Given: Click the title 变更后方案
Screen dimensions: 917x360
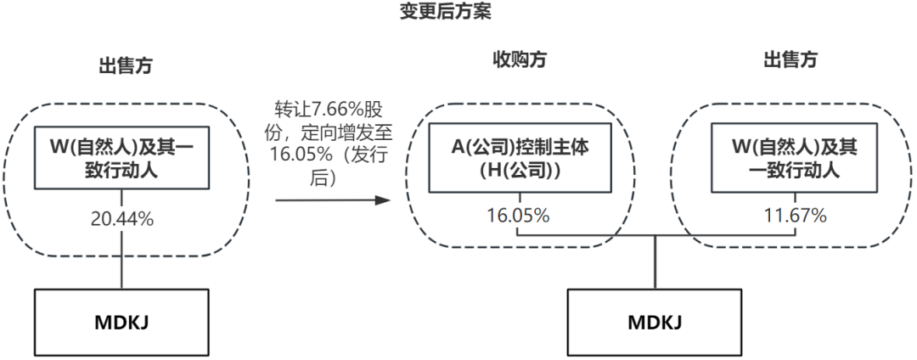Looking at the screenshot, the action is (445, 12).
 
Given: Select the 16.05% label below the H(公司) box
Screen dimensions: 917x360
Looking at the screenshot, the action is (518, 216).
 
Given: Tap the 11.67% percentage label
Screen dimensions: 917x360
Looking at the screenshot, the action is (796, 216).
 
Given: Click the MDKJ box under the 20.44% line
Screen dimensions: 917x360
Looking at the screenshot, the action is (121, 323).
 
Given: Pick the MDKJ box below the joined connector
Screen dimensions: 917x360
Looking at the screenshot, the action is (655, 323).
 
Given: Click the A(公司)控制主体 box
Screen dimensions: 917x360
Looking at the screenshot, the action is (520, 158).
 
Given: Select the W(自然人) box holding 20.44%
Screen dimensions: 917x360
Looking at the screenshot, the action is (121, 158).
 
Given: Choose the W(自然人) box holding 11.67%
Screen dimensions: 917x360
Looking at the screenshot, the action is (796, 158).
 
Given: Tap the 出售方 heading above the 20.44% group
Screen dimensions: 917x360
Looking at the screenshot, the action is (125, 65).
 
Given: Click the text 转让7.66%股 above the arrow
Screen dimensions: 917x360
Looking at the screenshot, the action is (331, 110).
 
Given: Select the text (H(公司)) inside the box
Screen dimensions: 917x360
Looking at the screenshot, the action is (520, 170).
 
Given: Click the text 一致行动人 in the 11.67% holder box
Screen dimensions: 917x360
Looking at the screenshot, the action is (796, 170).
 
